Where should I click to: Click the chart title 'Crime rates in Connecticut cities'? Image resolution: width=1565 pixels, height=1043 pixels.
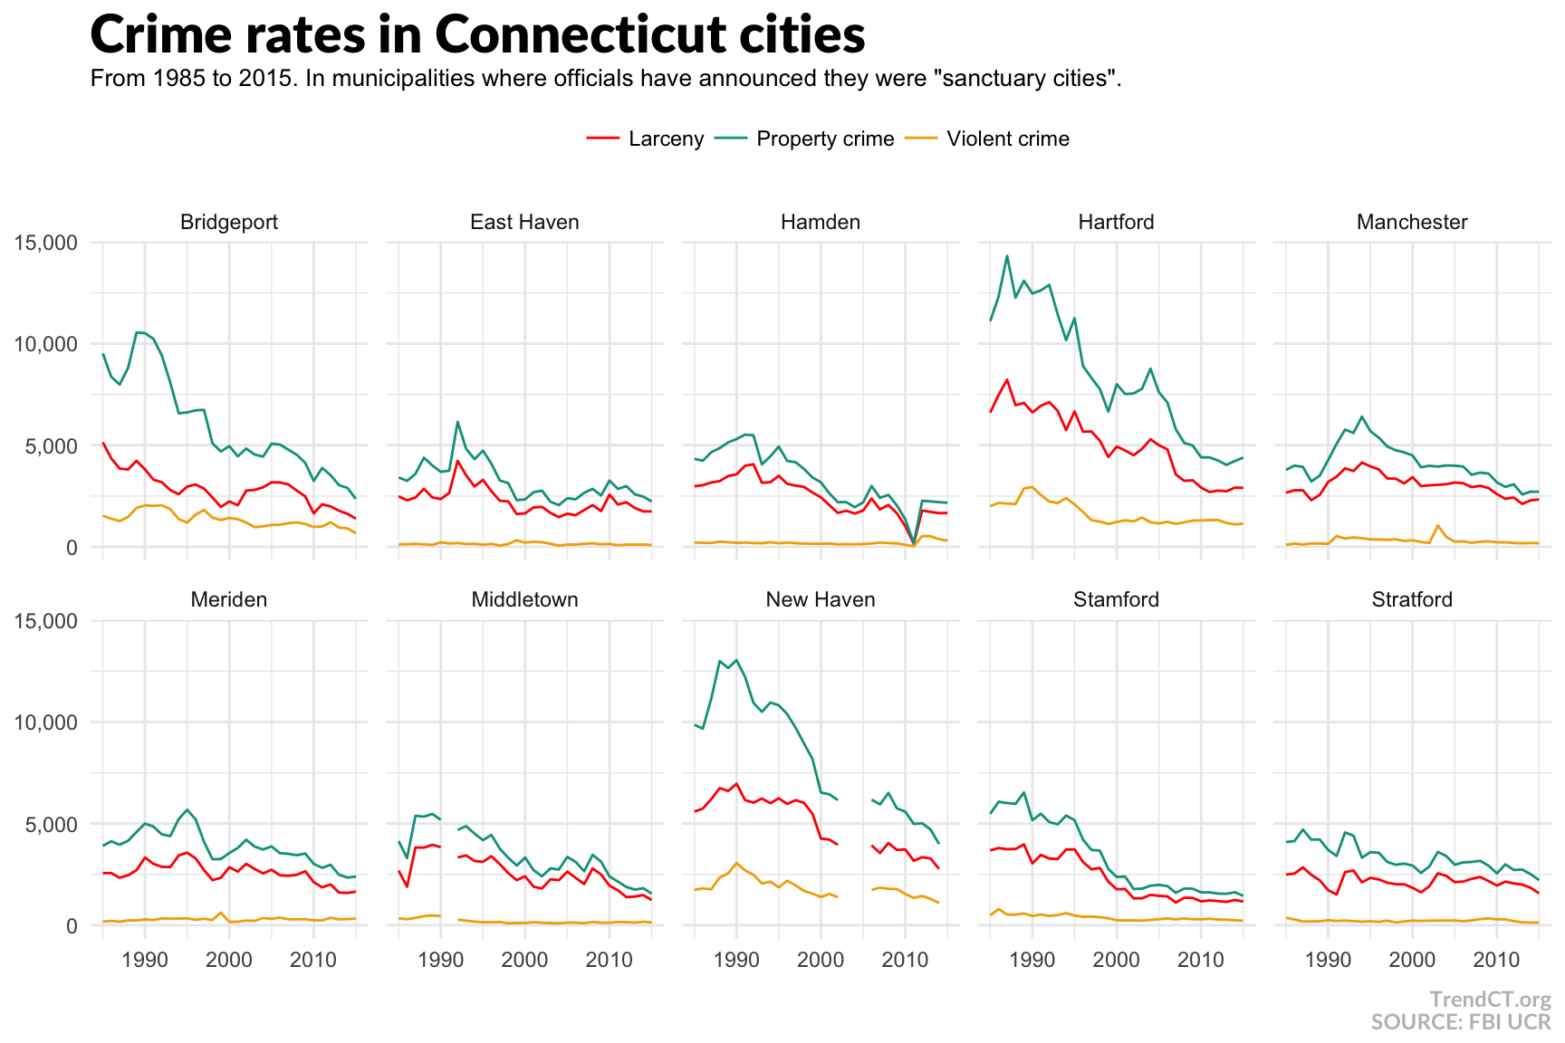coord(477,35)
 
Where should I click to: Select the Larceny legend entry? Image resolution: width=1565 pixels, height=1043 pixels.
coord(665,139)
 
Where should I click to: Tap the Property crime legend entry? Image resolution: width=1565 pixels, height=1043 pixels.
coord(824,139)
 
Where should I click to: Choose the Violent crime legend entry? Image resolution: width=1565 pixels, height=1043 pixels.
coord(1007,139)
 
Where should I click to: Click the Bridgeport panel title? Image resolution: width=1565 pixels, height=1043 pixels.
coord(229,222)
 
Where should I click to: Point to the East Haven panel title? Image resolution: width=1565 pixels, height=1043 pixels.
coord(524,222)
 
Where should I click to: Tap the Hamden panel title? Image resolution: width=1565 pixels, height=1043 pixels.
coord(821,222)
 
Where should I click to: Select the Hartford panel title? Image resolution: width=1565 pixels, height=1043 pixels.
coord(1116,222)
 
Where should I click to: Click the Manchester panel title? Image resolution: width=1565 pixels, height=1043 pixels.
coord(1412,222)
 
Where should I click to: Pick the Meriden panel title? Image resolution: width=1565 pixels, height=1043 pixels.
coord(229,599)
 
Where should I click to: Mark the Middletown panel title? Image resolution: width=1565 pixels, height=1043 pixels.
coord(524,599)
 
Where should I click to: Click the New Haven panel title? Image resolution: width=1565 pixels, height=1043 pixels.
coord(821,599)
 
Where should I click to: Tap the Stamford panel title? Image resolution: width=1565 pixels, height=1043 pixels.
coord(1116,599)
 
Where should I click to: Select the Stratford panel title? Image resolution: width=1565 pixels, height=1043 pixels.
coord(1412,599)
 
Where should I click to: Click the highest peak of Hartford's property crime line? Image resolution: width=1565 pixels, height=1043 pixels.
coord(1007,255)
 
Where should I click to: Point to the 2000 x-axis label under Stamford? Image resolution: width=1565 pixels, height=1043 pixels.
coord(1116,960)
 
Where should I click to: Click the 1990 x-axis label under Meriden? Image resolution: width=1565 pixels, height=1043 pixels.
coord(145,960)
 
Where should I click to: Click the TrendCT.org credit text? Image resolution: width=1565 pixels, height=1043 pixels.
coord(1490,1000)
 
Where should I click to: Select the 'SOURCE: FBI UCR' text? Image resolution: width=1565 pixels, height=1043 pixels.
coord(1460,1022)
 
